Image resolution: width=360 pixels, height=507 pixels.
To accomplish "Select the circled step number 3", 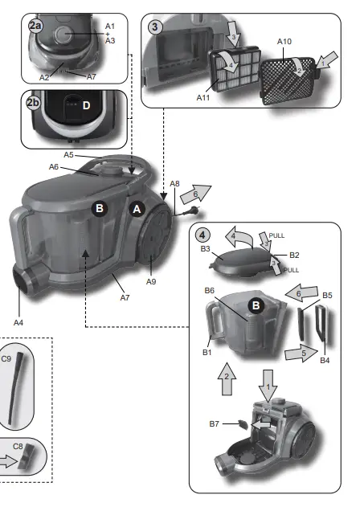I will [x=155, y=26].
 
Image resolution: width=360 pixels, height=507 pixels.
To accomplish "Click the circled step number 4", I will [x=203, y=235].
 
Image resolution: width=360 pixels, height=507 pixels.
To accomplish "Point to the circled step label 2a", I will [x=35, y=26].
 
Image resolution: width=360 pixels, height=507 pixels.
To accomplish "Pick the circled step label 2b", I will [x=35, y=103].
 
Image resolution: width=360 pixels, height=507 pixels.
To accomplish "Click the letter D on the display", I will [x=86, y=105].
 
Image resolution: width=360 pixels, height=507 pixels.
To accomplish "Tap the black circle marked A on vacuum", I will [x=137, y=208].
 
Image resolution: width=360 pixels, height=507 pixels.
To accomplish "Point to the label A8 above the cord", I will [x=174, y=184].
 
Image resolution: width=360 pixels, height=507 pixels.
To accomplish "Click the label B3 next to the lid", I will [x=207, y=250].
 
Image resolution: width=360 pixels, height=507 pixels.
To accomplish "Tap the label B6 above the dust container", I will [x=210, y=290].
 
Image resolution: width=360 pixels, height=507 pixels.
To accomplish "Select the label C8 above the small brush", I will [x=18, y=444].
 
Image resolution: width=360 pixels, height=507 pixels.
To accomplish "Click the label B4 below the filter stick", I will [x=325, y=361].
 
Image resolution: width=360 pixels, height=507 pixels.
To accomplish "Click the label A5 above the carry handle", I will [x=69, y=154].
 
